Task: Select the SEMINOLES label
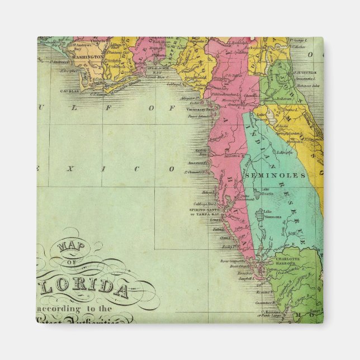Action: click(280, 175)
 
